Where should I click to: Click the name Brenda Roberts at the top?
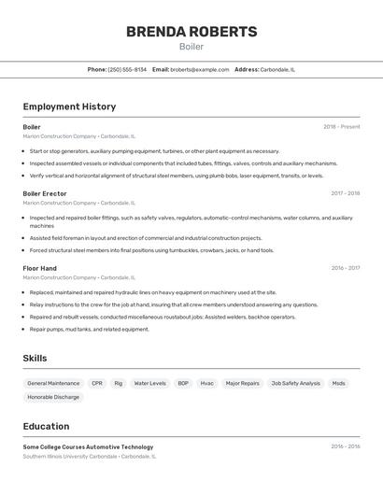point(191,32)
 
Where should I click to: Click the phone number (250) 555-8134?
point(127,69)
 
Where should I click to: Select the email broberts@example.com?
point(199,69)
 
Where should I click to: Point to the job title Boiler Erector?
point(45,193)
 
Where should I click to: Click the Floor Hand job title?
point(39,268)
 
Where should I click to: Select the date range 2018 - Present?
point(341,127)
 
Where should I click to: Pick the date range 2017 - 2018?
point(345,193)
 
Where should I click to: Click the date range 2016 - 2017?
point(345,268)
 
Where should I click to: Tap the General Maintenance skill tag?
point(53,383)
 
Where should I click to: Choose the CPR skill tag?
point(97,383)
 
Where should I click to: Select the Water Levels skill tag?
point(149,383)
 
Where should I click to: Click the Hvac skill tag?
point(206,383)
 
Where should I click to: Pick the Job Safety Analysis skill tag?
point(295,383)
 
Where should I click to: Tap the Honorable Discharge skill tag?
point(53,397)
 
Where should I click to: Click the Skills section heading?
point(35,359)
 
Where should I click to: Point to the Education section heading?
point(46,426)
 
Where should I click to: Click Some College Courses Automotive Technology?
point(88,447)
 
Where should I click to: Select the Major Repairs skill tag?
point(242,383)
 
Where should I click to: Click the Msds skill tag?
point(338,383)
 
